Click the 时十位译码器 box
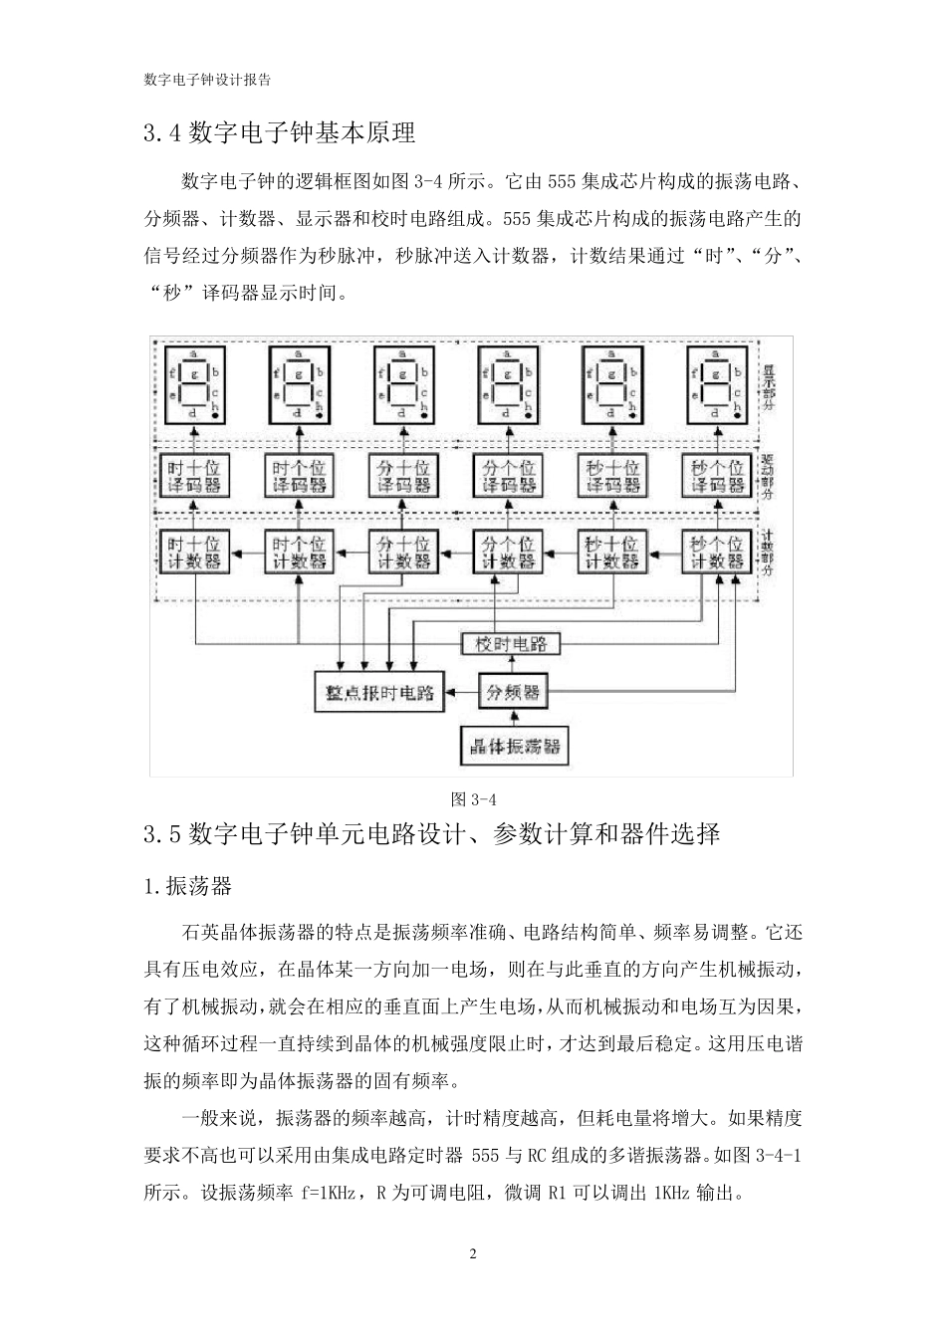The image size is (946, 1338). pyautogui.click(x=194, y=477)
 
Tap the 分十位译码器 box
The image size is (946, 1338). pyautogui.click(x=402, y=477)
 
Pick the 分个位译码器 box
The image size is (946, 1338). pyautogui.click(x=508, y=477)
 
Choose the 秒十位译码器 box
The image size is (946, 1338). pyautogui.click(x=612, y=477)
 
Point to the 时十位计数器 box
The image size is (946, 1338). pyautogui.click(x=194, y=553)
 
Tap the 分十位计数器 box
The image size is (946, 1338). pyautogui.click(x=402, y=553)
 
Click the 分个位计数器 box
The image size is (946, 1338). pyautogui.click(x=508, y=553)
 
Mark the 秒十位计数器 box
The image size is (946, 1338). pyautogui.click(x=612, y=553)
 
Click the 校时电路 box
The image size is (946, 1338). pyautogui.click(x=511, y=643)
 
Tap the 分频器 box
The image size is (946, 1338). pyautogui.click(x=512, y=692)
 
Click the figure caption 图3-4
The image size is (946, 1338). pyautogui.click(x=473, y=798)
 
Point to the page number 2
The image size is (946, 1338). pyautogui.click(x=473, y=1253)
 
